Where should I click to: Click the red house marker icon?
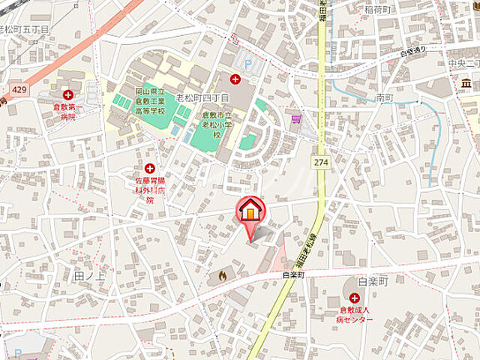(x=250, y=211)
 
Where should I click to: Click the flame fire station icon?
(x=222, y=276)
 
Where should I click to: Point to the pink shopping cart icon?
(x=296, y=118)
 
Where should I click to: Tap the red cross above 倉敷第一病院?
(x=69, y=94)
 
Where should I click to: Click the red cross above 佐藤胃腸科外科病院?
(x=150, y=169)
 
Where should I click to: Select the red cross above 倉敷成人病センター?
(x=354, y=298)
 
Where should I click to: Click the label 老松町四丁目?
(x=201, y=98)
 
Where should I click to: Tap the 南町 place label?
(x=385, y=97)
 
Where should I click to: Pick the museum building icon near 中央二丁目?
(x=466, y=82)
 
